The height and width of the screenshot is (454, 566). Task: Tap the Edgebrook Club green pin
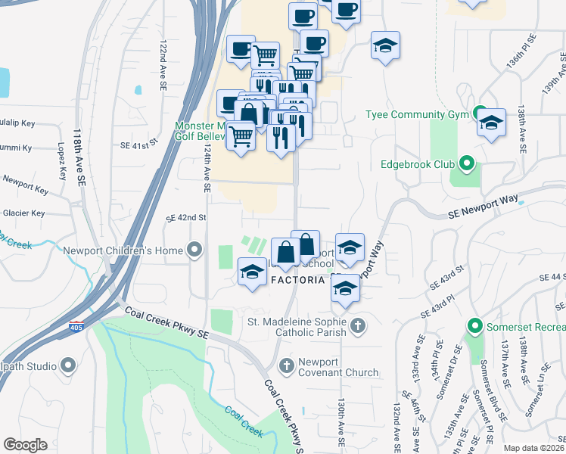pos(467,163)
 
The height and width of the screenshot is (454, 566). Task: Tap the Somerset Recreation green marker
pos(475,327)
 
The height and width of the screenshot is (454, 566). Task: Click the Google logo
pos(25,445)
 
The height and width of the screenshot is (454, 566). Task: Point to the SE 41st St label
pos(138,142)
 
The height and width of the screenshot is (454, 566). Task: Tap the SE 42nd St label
pos(186,218)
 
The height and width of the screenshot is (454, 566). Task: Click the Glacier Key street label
pos(23,213)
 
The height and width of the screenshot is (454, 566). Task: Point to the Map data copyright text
pos(533,448)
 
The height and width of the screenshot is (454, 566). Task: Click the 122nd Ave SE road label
pos(162,67)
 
